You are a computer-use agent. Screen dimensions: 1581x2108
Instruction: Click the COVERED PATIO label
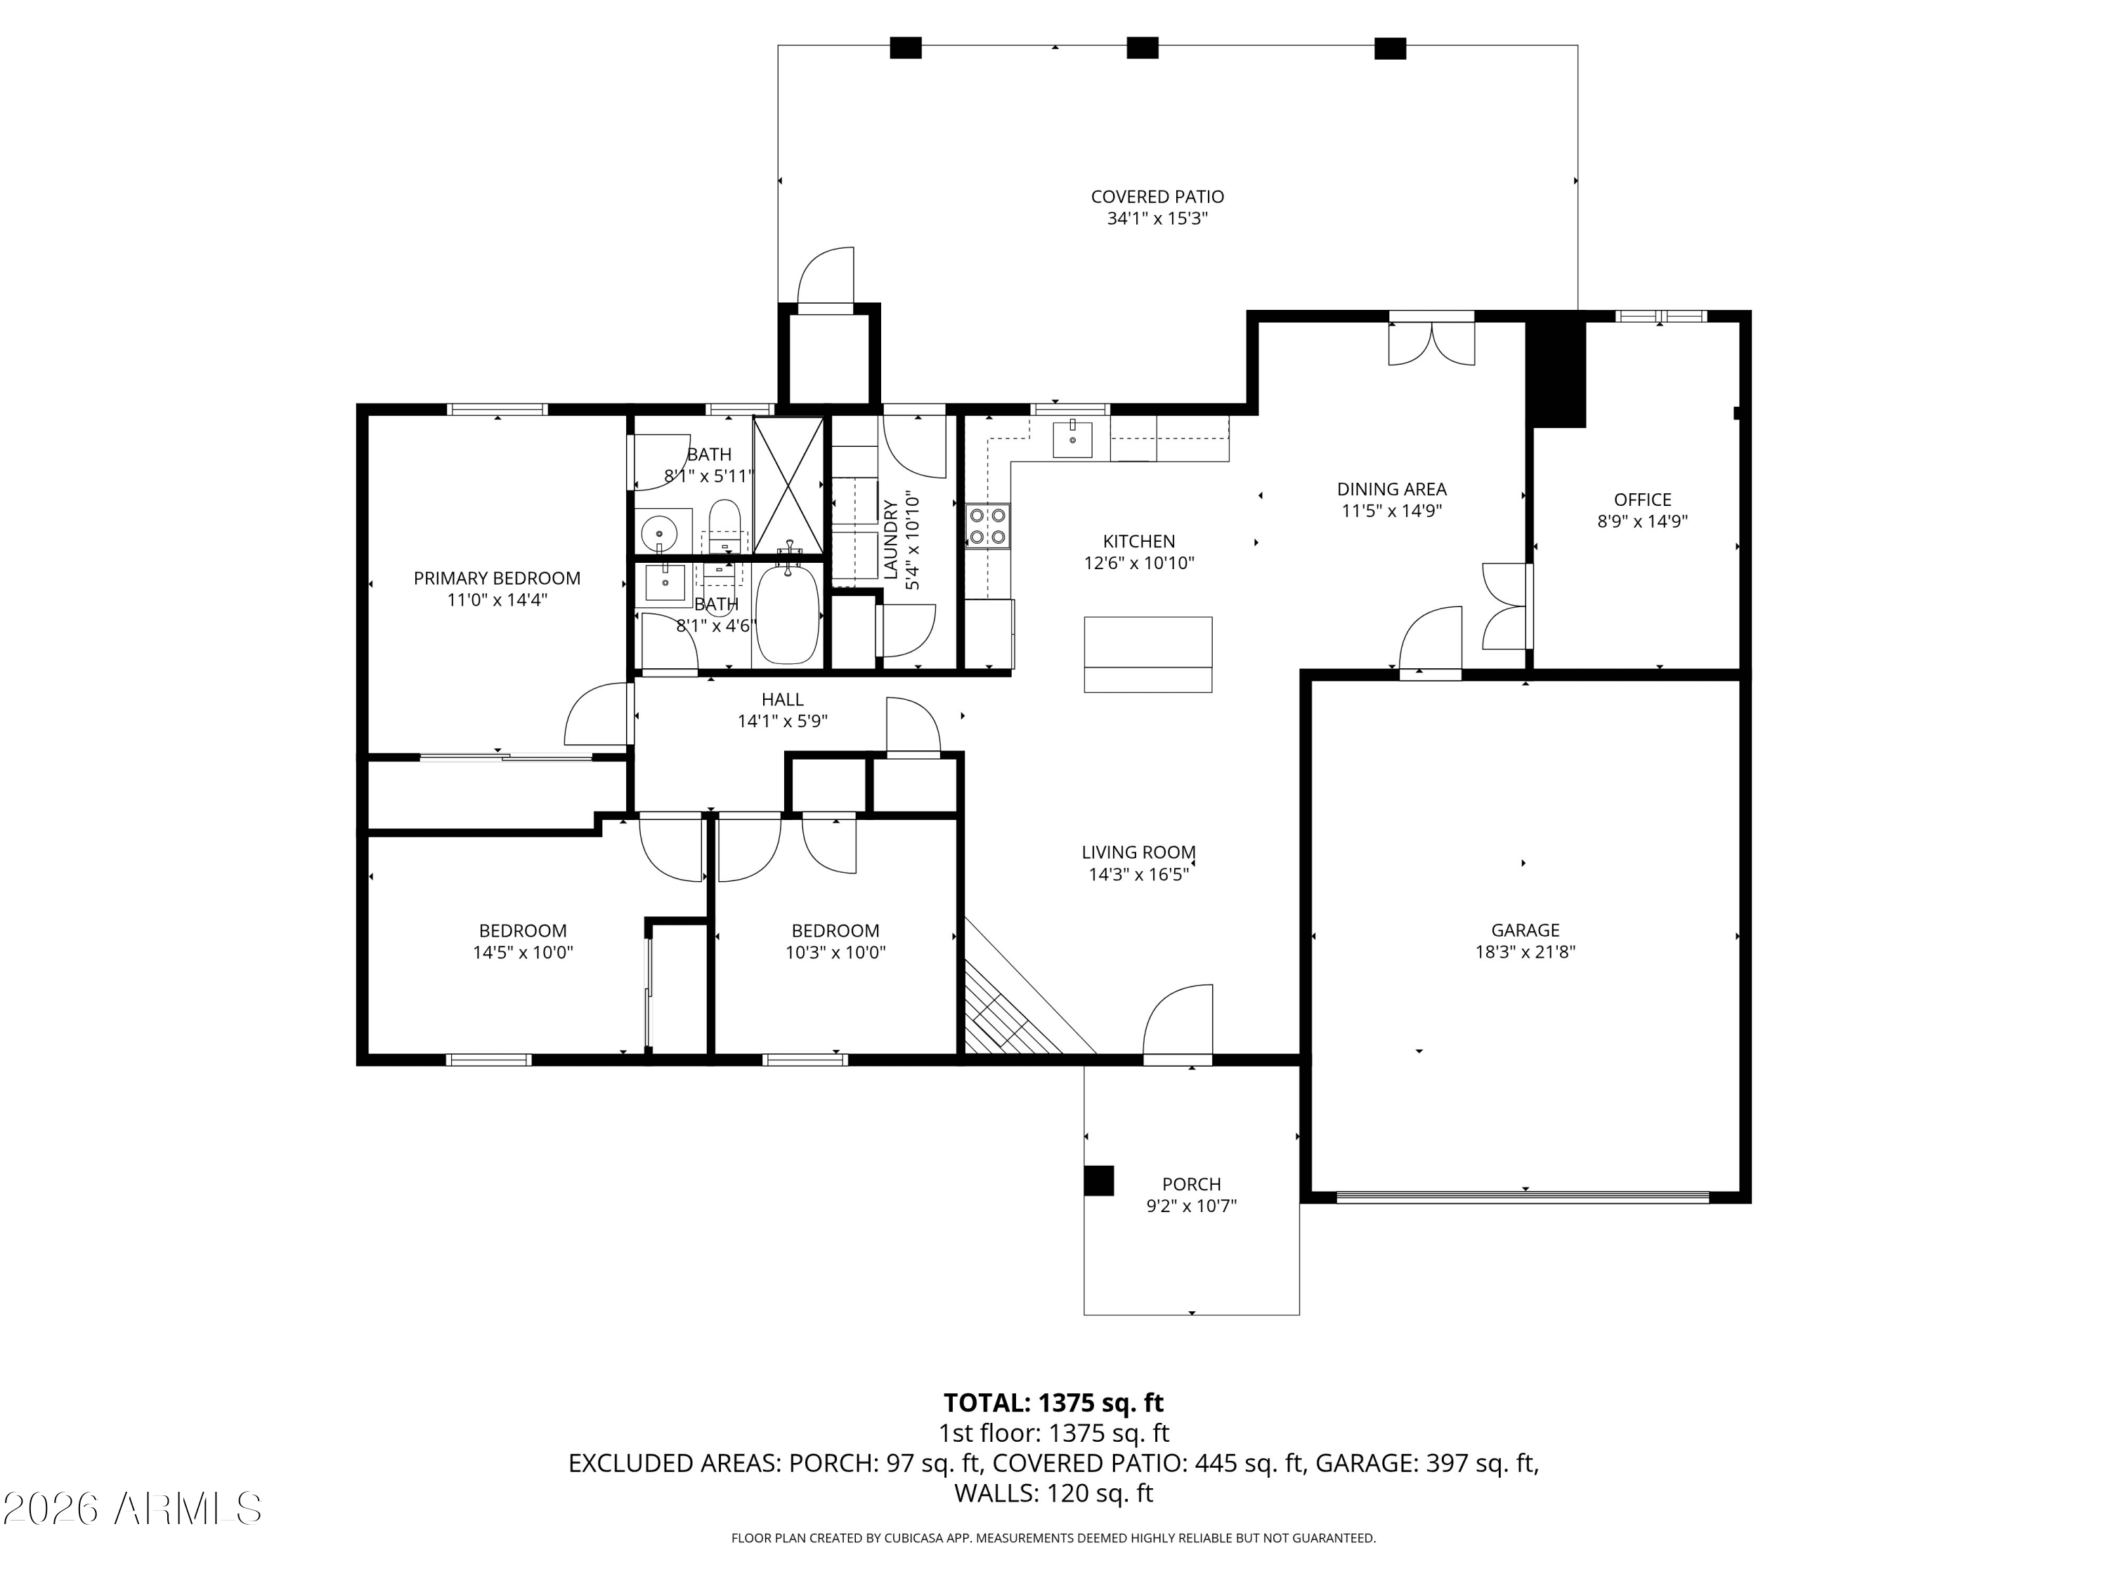pyautogui.click(x=1157, y=196)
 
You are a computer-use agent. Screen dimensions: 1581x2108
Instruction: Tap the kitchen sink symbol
pyautogui.click(x=1073, y=439)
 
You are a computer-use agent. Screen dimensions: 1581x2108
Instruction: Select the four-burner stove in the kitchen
pyautogui.click(x=987, y=526)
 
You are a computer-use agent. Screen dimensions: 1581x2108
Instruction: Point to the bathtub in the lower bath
pyautogui.click(x=787, y=615)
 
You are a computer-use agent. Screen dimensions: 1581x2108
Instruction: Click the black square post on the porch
pyautogui.click(x=1099, y=1180)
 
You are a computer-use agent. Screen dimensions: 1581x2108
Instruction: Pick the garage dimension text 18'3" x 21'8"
pyautogui.click(x=1525, y=951)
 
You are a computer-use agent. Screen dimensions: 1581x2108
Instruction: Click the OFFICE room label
pyautogui.click(x=1642, y=500)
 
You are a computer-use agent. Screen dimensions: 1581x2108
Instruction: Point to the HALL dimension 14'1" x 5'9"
pyautogui.click(x=781, y=722)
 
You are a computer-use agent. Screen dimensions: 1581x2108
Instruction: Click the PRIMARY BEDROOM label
pyautogui.click(x=497, y=578)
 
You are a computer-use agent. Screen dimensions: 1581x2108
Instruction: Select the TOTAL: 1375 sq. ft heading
pyautogui.click(x=1053, y=1402)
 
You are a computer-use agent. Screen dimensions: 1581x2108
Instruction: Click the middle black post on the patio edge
pyautogui.click(x=1142, y=48)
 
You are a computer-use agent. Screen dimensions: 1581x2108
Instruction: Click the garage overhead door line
pyautogui.click(x=1522, y=1196)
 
